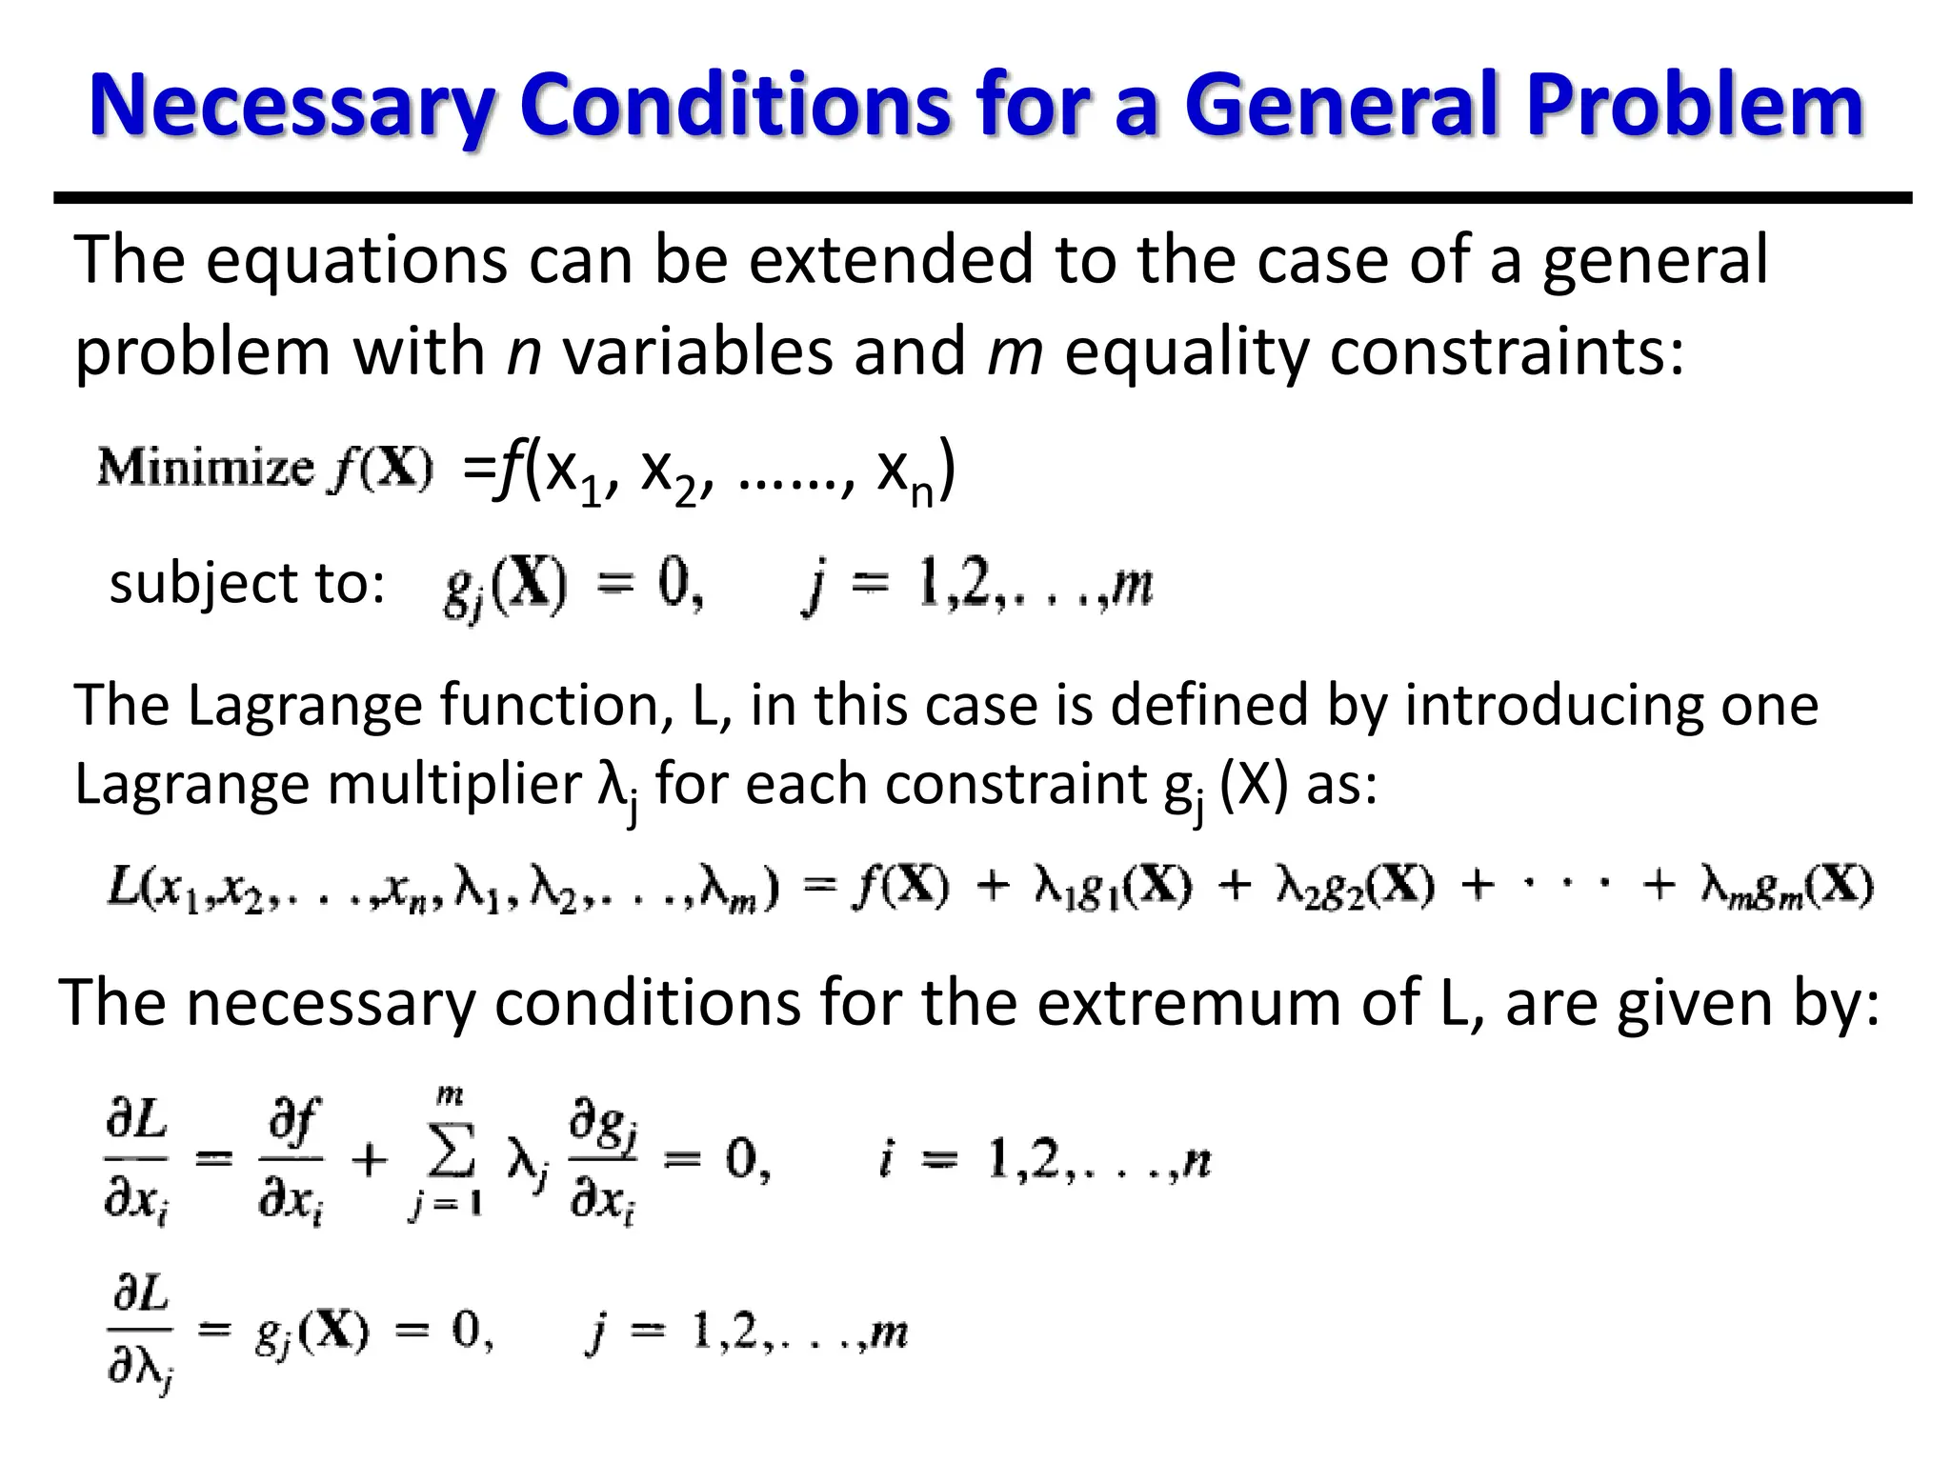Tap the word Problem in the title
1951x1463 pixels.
(x=1694, y=106)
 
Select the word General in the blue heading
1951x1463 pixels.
(x=1341, y=106)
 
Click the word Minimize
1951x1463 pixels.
(x=205, y=469)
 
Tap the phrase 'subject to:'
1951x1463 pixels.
(x=247, y=583)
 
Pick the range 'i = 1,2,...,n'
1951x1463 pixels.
(x=1044, y=1160)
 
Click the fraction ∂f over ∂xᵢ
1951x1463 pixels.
(x=292, y=1160)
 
